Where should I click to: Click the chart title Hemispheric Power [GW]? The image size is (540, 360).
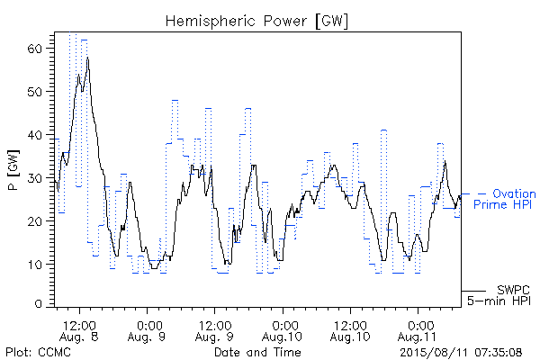[x=256, y=22]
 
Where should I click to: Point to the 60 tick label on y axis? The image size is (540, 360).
[x=34, y=49]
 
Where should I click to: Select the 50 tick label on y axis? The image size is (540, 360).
[x=34, y=92]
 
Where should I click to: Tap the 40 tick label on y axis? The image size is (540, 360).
[x=34, y=135]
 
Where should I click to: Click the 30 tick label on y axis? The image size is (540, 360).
[x=34, y=178]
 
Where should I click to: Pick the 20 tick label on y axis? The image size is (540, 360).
[x=34, y=221]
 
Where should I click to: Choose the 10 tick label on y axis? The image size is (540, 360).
[x=34, y=265]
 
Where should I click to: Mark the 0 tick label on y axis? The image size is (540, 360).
[x=39, y=304]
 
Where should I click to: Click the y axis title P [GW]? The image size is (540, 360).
[x=13, y=170]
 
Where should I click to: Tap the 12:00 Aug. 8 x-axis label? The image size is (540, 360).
[x=79, y=331]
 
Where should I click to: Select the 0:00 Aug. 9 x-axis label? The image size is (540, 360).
[x=147, y=331]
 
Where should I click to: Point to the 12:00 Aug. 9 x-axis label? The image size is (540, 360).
[x=214, y=331]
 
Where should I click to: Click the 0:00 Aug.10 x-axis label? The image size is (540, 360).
[x=283, y=331]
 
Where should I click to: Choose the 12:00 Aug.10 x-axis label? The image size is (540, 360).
[x=350, y=331]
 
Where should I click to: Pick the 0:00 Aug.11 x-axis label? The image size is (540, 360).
[x=418, y=331]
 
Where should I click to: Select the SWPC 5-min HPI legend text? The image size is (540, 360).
[x=499, y=295]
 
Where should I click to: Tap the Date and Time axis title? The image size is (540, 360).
[x=257, y=352]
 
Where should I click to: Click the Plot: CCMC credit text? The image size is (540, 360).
[x=38, y=352]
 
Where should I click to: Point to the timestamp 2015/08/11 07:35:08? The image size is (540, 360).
[x=461, y=353]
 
